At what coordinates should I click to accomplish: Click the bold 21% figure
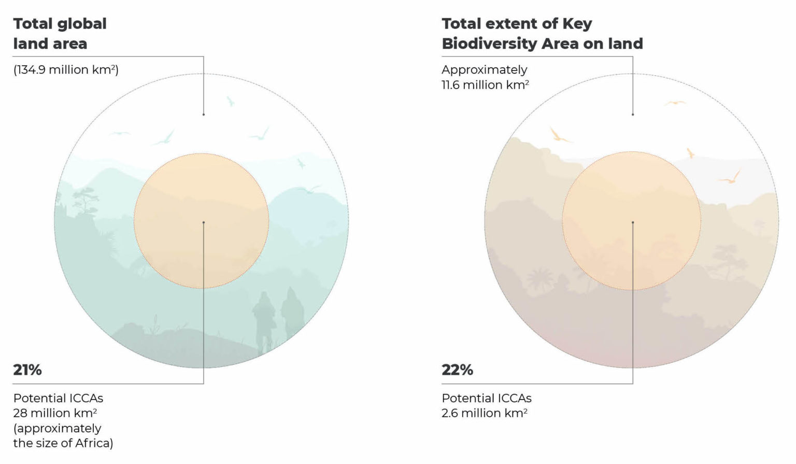(27, 370)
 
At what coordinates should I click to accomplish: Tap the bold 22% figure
(457, 370)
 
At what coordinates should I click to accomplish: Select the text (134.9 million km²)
(66, 69)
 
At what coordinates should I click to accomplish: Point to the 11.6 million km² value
(485, 85)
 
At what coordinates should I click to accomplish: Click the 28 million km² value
(55, 413)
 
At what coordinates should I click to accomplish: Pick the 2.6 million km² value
(485, 413)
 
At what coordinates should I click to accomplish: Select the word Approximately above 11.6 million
(484, 69)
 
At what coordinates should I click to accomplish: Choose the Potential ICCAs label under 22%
(486, 398)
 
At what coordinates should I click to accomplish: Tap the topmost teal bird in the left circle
(230, 101)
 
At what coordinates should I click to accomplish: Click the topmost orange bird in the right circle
(675, 103)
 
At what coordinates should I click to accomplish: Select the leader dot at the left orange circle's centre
(204, 222)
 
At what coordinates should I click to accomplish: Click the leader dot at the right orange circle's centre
(633, 222)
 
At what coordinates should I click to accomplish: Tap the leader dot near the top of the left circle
(204, 114)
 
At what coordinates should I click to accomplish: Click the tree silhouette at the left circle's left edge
(84, 200)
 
